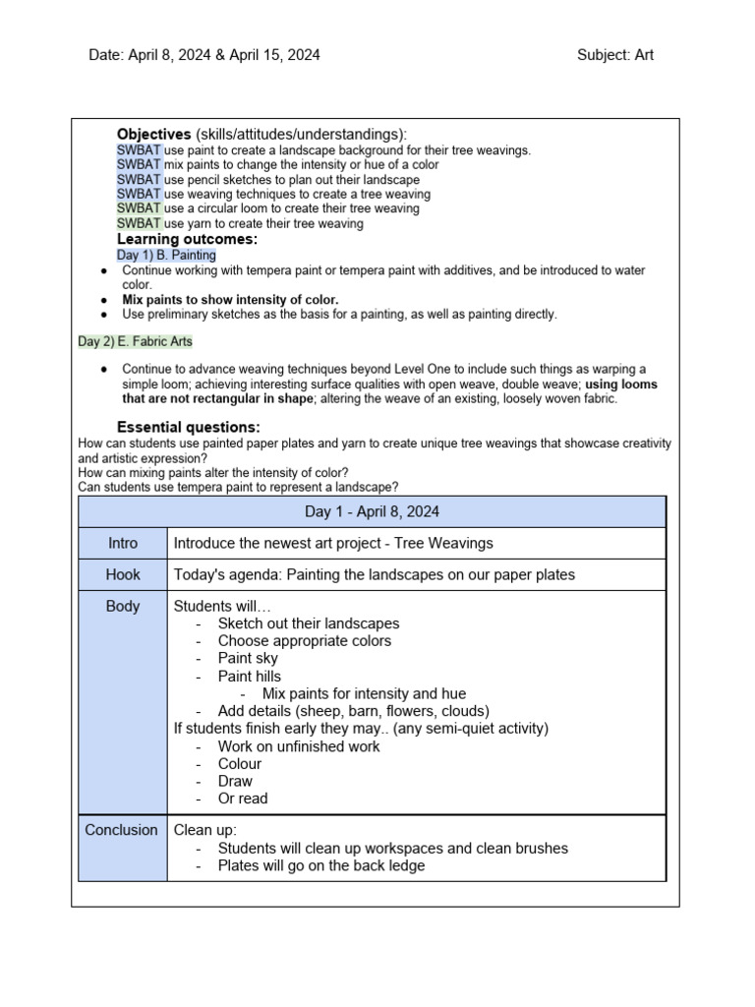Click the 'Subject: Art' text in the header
(614, 55)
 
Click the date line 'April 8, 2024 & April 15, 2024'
(224, 55)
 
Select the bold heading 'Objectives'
(153, 134)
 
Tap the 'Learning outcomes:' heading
(187, 239)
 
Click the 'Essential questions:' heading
(188, 427)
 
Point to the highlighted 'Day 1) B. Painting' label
(166, 255)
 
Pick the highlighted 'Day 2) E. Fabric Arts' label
(136, 341)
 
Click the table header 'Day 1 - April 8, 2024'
(372, 511)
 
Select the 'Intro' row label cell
(123, 543)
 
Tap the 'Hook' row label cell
(123, 574)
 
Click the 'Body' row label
(123, 606)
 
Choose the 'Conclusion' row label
(122, 830)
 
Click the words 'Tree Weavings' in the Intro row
(448, 543)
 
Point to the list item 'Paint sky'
(248, 658)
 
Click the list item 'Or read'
(242, 799)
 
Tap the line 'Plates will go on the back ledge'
(321, 865)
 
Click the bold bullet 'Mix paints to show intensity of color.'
(230, 299)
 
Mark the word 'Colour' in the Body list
(240, 763)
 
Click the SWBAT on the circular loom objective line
(139, 208)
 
